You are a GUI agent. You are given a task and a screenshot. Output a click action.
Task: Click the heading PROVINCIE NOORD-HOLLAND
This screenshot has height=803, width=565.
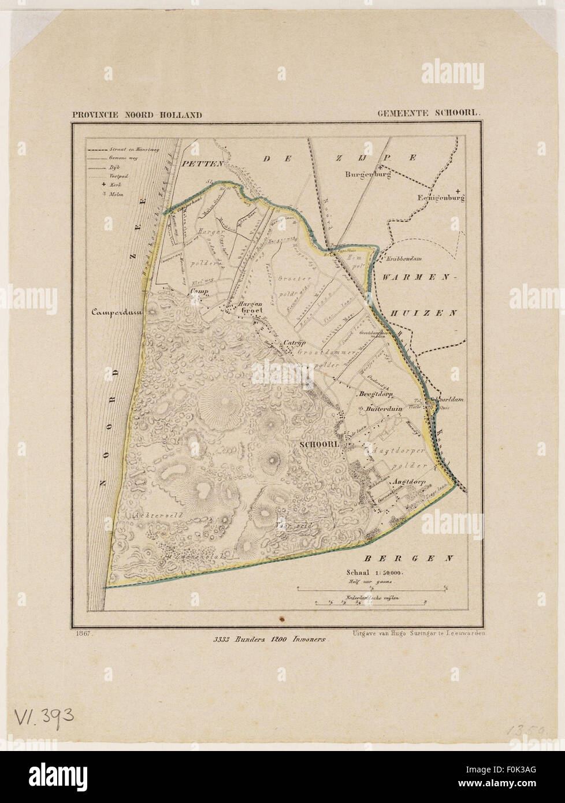(x=137, y=114)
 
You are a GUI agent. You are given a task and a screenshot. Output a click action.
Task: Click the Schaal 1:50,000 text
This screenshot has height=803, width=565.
(x=375, y=572)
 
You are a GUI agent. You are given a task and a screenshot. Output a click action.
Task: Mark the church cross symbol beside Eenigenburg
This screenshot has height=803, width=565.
(x=458, y=191)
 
